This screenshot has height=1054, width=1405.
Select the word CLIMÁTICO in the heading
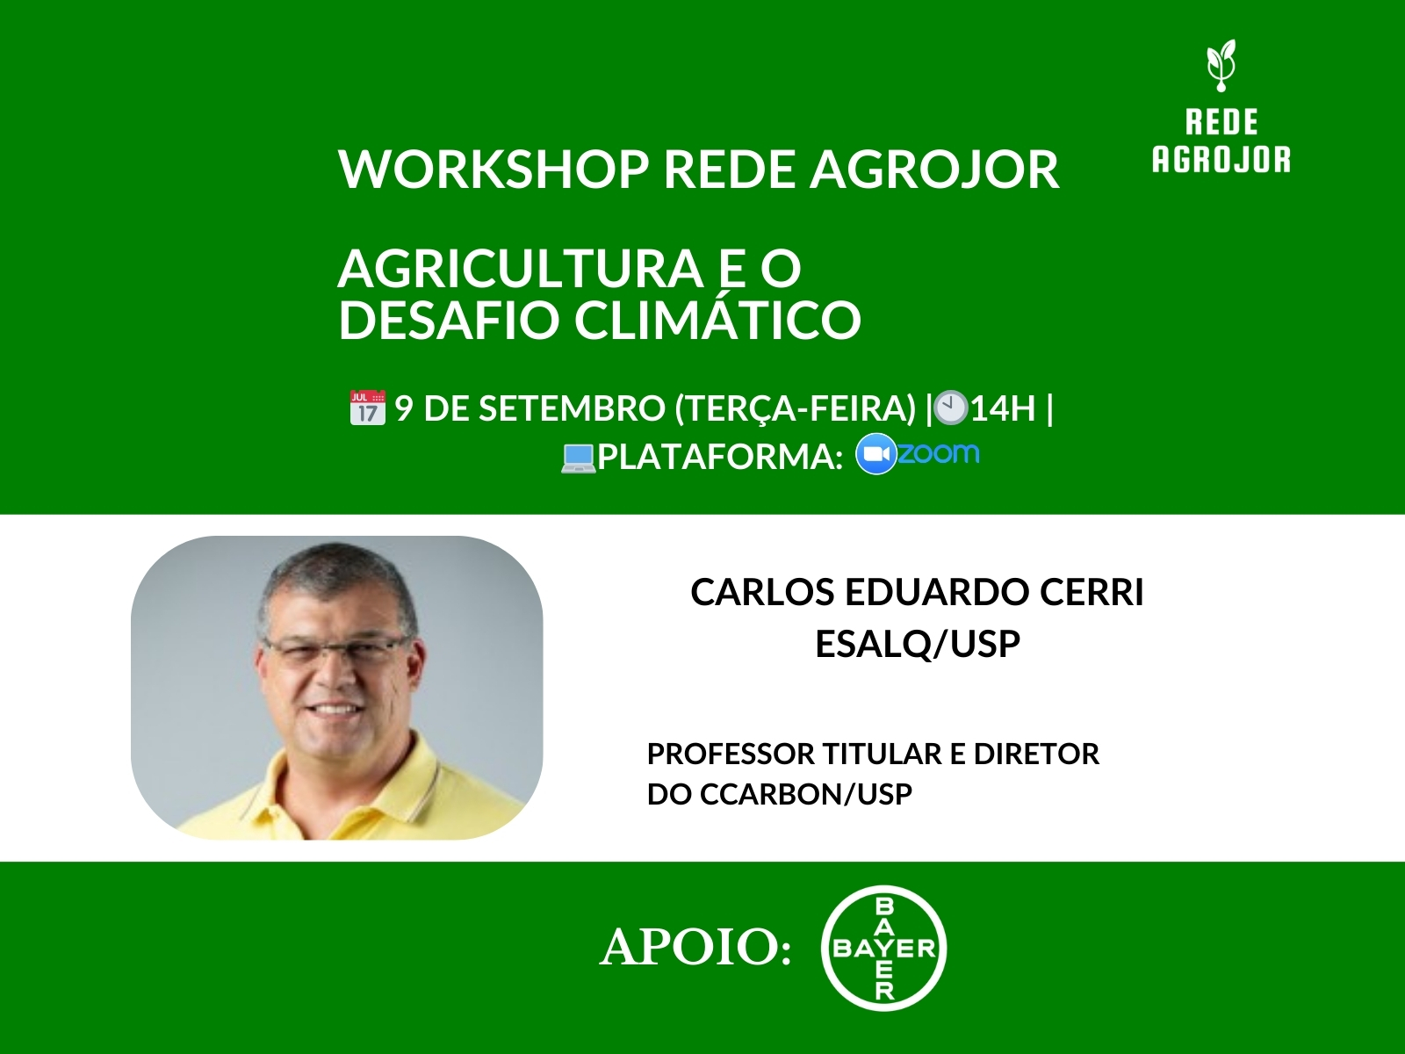click(717, 320)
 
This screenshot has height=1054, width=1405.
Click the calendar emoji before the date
click(367, 408)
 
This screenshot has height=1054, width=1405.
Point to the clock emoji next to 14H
click(950, 408)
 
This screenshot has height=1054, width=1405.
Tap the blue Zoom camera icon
click(875, 455)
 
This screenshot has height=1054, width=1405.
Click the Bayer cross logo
click(883, 948)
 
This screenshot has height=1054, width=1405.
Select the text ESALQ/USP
click(917, 644)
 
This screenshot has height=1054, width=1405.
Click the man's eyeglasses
click(334, 651)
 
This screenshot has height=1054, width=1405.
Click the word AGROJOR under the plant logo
click(1221, 160)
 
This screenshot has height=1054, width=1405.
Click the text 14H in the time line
click(1003, 408)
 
